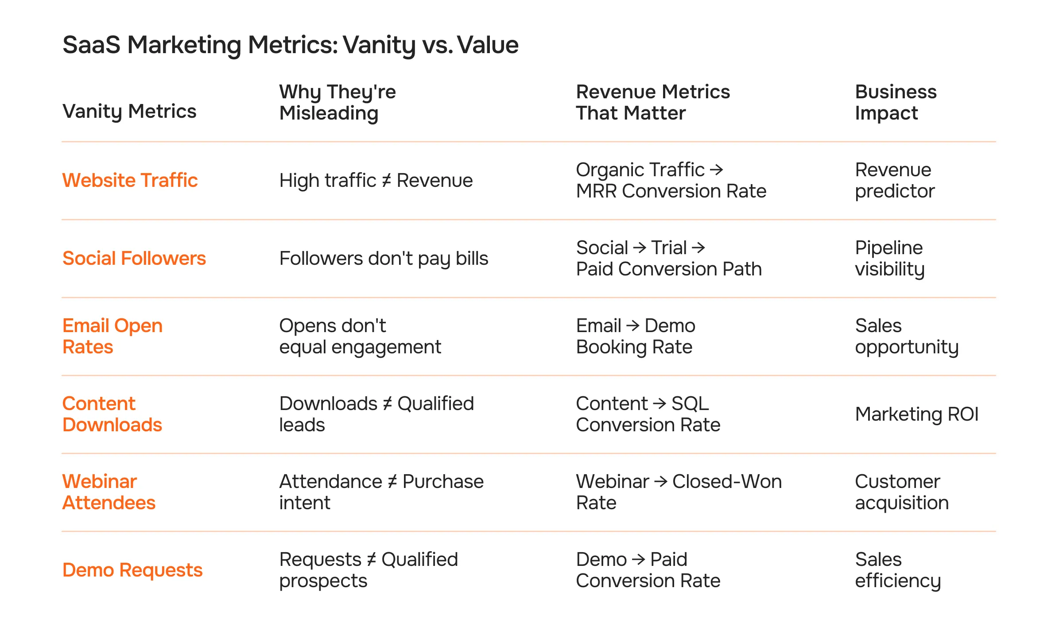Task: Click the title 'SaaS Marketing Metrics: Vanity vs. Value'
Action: click(x=290, y=45)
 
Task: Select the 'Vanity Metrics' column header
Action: click(x=129, y=111)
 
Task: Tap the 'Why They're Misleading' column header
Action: click(x=338, y=102)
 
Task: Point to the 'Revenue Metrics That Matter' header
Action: click(x=652, y=102)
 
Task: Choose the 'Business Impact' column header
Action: click(x=896, y=102)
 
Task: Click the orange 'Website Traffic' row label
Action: click(x=130, y=180)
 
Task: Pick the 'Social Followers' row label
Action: click(x=134, y=258)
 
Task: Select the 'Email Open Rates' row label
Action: click(x=113, y=336)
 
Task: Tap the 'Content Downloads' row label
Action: click(x=112, y=414)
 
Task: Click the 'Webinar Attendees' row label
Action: click(x=109, y=492)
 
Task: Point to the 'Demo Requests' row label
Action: click(x=132, y=570)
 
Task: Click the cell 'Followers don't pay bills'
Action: click(x=384, y=258)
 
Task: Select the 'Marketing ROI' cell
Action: click(x=916, y=414)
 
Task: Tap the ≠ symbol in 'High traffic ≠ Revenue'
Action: click(x=386, y=181)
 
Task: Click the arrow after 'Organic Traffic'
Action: click(x=716, y=170)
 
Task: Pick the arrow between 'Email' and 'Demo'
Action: click(x=633, y=325)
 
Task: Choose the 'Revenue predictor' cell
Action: click(x=895, y=180)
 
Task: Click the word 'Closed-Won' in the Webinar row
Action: click(x=727, y=481)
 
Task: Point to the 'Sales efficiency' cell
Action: click(x=898, y=570)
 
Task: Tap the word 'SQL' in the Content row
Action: click(x=690, y=403)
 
